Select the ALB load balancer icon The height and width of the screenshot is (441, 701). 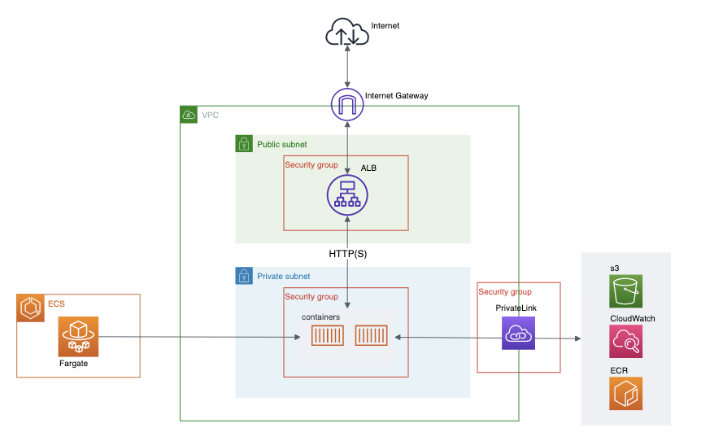[347, 195]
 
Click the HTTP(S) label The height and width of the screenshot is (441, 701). [348, 254]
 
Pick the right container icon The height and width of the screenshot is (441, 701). [371, 336]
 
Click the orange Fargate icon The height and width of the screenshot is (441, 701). [78, 336]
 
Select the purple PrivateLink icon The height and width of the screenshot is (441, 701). [519, 334]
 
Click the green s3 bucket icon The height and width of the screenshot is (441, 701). [625, 291]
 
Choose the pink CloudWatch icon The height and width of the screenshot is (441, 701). [625, 342]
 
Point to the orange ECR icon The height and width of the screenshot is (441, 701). [625, 393]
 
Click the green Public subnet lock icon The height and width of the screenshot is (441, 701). [243, 144]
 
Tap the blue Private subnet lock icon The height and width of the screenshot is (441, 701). [243, 276]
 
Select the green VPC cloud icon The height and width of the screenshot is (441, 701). [189, 115]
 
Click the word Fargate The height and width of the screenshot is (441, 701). [73, 364]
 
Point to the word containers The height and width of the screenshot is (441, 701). [320, 317]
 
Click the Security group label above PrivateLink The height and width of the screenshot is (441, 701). [505, 291]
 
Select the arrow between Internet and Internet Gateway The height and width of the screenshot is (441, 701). [347, 68]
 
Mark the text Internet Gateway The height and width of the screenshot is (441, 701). [396, 95]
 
